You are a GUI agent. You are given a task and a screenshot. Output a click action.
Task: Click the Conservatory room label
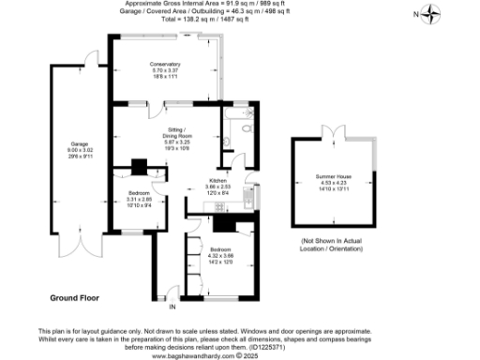tap(164, 64)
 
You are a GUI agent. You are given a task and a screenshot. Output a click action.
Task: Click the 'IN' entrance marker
tap(172, 307)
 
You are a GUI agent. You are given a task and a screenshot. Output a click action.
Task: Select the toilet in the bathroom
tap(229, 142)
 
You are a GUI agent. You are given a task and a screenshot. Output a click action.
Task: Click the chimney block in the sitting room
tap(139, 167)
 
